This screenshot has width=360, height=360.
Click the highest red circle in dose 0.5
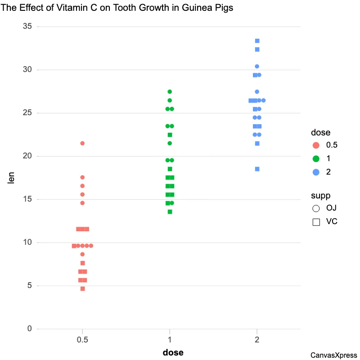82,143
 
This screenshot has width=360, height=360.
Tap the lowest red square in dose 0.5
83,288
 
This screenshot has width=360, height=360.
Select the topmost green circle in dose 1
170,92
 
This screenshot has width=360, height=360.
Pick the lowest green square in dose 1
170,211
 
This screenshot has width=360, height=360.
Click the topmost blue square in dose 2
257,41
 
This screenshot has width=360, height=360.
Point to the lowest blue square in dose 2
257,169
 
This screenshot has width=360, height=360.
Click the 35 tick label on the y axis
27,27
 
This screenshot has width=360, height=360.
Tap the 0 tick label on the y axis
30,329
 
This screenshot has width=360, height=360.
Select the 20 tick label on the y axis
27,156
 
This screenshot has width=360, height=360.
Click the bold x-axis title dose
173,353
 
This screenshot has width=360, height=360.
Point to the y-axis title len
12,178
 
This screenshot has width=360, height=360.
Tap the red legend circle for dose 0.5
316,145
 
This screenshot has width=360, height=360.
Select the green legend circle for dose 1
316,158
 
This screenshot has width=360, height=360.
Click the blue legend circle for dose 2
316,172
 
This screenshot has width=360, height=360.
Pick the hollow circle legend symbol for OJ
316,208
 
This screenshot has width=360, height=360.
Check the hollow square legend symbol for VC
316,222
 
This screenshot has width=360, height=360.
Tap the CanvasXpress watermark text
333,355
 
